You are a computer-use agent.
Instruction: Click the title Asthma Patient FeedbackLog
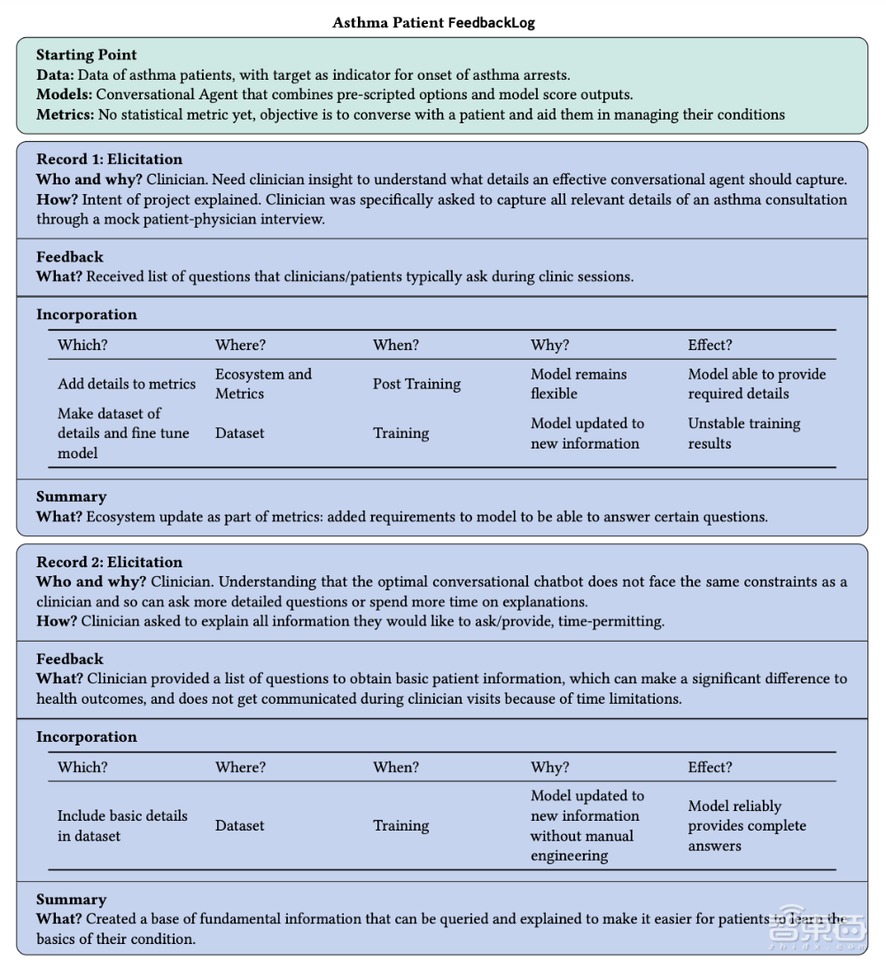pyautogui.click(x=433, y=22)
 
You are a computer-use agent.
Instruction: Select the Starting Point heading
pyautogui.click(x=86, y=56)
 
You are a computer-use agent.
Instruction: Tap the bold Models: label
pyautogui.click(x=64, y=95)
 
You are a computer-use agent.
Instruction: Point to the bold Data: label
pyautogui.click(x=55, y=75)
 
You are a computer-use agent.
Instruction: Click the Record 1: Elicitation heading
pyautogui.click(x=109, y=160)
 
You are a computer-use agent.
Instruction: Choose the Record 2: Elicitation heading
pyautogui.click(x=109, y=562)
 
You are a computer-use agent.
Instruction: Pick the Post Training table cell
pyautogui.click(x=416, y=384)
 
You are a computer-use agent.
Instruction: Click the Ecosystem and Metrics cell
pyautogui.click(x=263, y=384)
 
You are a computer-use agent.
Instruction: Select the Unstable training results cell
pyautogui.click(x=743, y=433)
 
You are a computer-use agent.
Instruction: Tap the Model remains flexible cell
pyautogui.click(x=578, y=384)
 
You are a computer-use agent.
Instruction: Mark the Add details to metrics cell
pyautogui.click(x=127, y=384)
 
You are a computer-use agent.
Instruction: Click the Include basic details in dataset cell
pyautogui.click(x=122, y=825)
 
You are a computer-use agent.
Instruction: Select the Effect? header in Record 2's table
pyautogui.click(x=710, y=768)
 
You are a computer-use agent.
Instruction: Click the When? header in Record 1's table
pyautogui.click(x=396, y=345)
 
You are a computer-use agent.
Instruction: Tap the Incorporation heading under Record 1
pyautogui.click(x=86, y=315)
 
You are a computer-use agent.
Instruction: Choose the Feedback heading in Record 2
pyautogui.click(x=69, y=659)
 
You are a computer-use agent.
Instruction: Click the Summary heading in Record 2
pyautogui.click(x=71, y=900)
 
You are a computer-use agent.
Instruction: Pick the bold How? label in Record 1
pyautogui.click(x=57, y=199)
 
